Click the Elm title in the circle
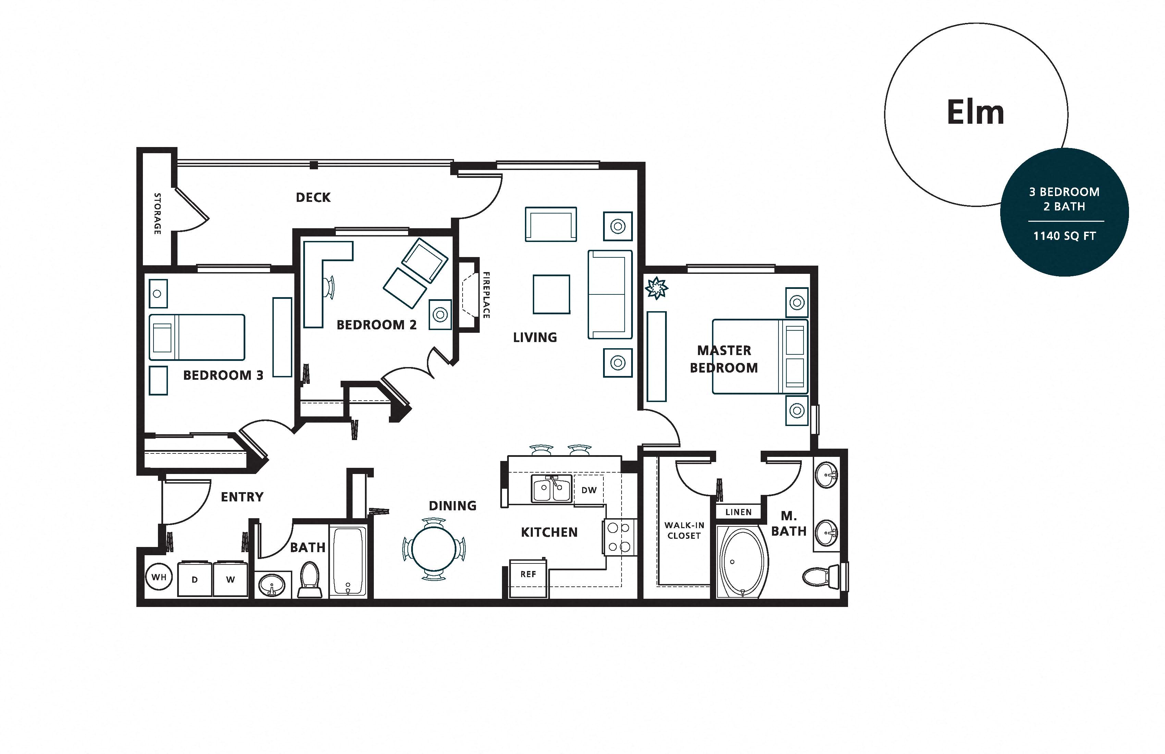pos(976,113)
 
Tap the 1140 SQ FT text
pos(1064,236)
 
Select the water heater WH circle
pos(159,577)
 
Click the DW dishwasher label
pos(589,490)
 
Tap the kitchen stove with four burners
pos(619,537)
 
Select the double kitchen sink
pos(552,489)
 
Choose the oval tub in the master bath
pos(741,562)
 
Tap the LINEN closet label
pos(738,512)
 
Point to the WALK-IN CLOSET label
pos(684,530)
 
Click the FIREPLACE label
pos(487,295)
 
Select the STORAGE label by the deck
pos(157,214)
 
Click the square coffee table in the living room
pos(551,294)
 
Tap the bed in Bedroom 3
pos(197,337)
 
